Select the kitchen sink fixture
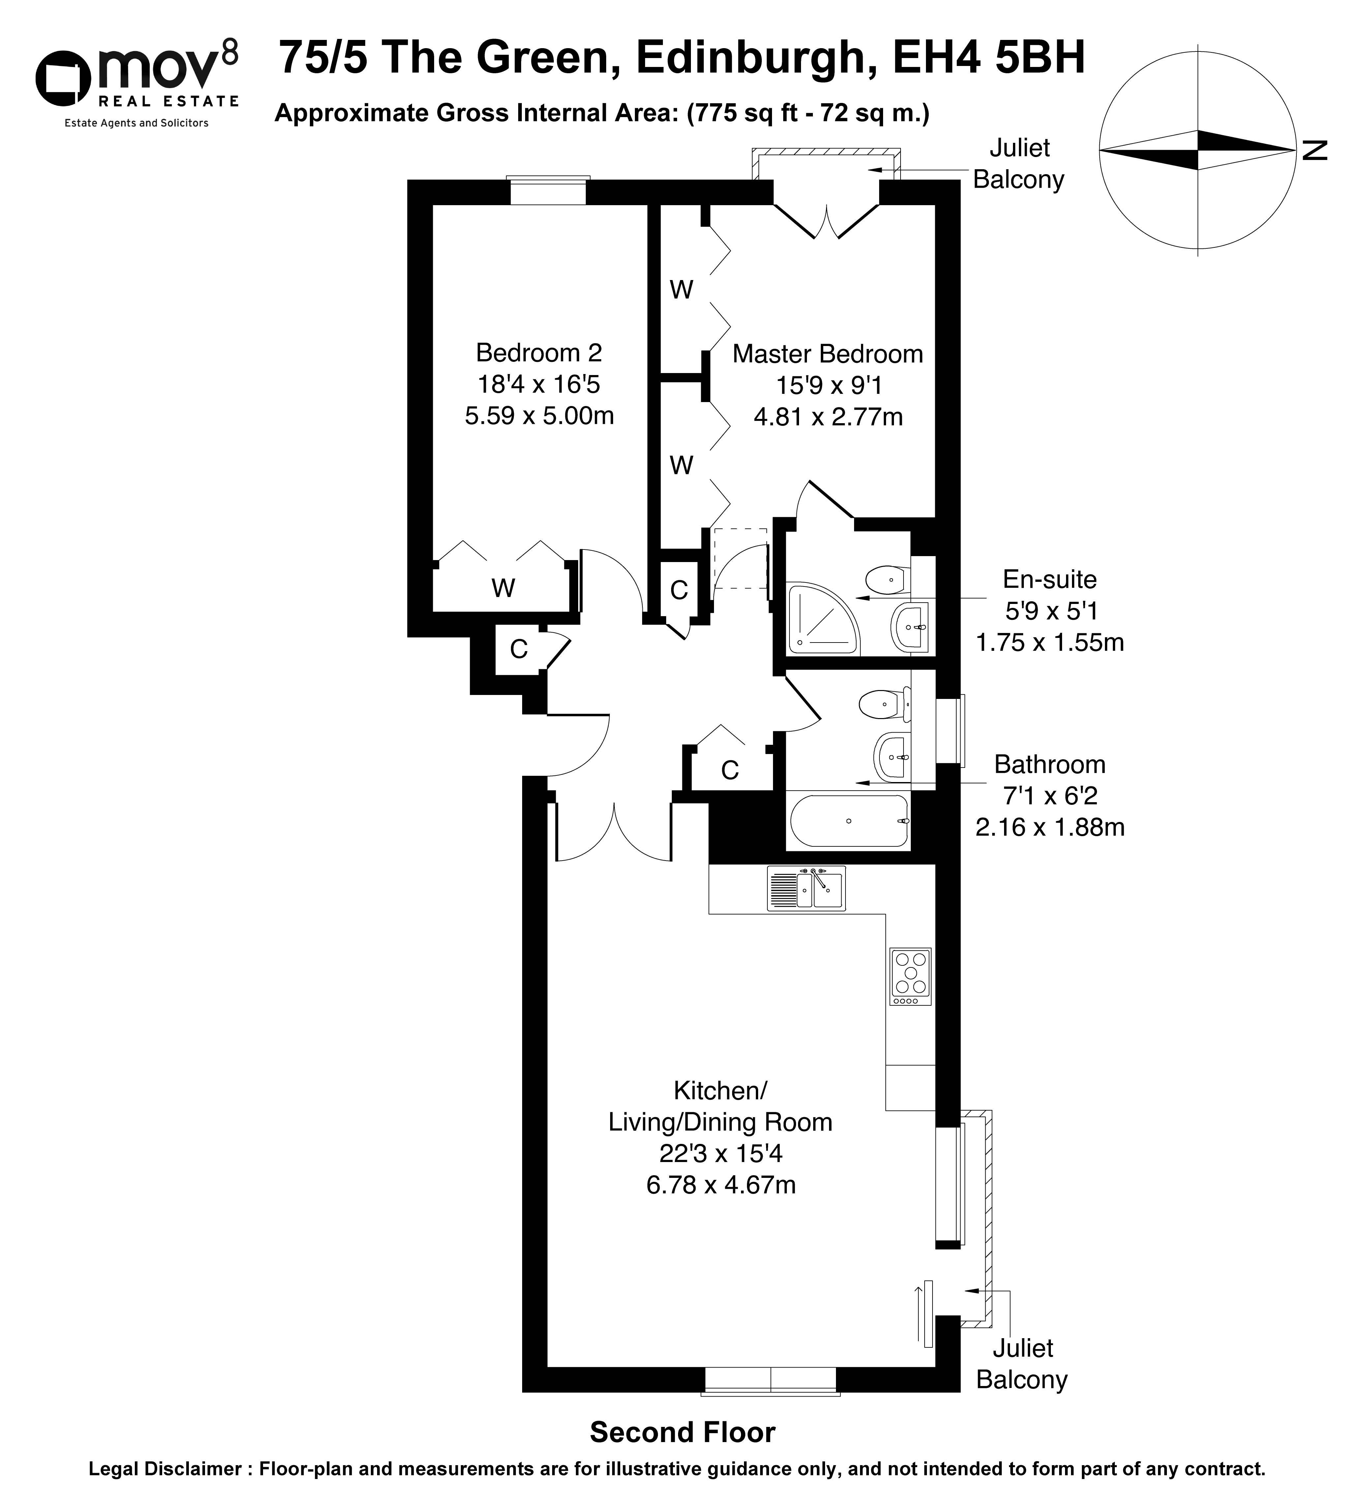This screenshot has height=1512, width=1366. click(806, 888)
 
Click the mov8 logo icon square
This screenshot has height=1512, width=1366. click(63, 79)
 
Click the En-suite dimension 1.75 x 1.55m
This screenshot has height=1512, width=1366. click(1050, 643)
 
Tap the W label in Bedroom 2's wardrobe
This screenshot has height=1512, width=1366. click(503, 588)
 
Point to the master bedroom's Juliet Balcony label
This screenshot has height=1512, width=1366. click(1019, 164)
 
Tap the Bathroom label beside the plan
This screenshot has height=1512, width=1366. click(1050, 764)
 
